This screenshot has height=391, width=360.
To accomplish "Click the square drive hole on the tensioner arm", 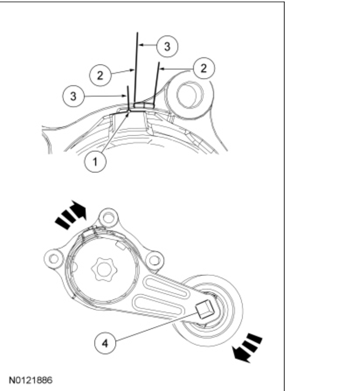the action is coord(204,309).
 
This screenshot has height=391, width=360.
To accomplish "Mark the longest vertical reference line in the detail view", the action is coord(137,67).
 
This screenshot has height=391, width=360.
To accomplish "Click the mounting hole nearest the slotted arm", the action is coord(155,258).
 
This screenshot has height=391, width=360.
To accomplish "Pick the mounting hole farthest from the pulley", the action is coord(54,258).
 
